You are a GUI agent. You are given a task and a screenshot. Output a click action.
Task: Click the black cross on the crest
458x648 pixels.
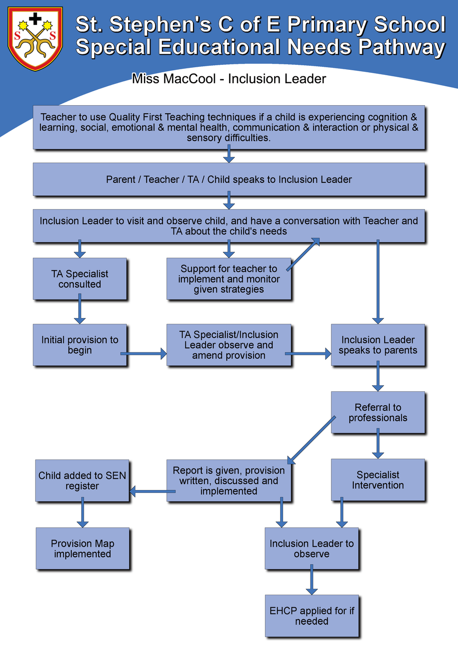(35, 19)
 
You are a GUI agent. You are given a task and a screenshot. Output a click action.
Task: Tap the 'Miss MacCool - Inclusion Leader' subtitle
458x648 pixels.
(229, 79)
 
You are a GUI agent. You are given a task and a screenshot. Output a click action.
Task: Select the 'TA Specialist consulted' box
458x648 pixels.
(80, 279)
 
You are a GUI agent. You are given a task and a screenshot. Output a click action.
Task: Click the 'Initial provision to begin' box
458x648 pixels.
(80, 345)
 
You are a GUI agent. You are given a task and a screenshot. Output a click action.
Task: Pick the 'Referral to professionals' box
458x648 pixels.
(378, 412)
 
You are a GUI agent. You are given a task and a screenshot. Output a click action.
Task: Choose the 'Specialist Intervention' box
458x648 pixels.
(378, 480)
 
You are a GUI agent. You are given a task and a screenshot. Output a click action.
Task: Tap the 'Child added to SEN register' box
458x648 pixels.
(82, 480)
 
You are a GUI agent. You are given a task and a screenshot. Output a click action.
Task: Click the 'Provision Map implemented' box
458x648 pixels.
(82, 548)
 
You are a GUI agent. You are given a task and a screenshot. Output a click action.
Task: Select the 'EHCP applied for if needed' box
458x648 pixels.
(311, 616)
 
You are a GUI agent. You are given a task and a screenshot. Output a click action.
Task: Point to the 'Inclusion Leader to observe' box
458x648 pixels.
(311, 548)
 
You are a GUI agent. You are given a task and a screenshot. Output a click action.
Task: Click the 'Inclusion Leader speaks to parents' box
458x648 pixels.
(378, 345)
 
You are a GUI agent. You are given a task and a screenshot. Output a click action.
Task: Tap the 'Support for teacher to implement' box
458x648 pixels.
(229, 279)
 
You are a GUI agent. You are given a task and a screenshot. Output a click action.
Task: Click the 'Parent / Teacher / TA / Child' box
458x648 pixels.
(229, 179)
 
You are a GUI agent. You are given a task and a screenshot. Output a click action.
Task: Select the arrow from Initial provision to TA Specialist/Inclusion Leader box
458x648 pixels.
(144, 354)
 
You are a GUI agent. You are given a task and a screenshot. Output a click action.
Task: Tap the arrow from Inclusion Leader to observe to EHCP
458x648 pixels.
(311, 579)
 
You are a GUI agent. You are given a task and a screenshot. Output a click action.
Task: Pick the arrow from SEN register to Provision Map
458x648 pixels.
(82, 512)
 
